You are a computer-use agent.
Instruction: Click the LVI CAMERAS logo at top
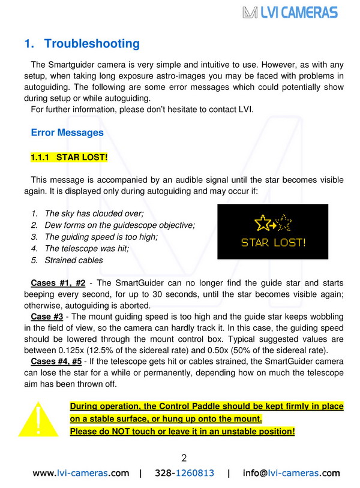(290, 12)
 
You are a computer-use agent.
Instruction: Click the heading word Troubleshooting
(92, 44)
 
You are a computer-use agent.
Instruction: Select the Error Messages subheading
(67, 132)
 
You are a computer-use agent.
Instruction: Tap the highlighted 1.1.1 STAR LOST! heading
(69, 158)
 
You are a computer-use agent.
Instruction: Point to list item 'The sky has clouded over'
(94, 213)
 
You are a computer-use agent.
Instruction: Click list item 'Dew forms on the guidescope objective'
(120, 225)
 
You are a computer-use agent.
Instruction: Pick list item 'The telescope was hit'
(86, 248)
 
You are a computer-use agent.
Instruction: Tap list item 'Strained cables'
(74, 260)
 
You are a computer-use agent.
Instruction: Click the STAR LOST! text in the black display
(273, 243)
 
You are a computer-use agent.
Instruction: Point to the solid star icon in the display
(262, 224)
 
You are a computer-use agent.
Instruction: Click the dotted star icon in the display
(284, 224)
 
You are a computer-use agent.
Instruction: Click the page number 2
(184, 458)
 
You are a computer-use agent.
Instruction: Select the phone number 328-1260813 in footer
(184, 473)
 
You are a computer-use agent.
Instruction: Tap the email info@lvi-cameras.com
(291, 473)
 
